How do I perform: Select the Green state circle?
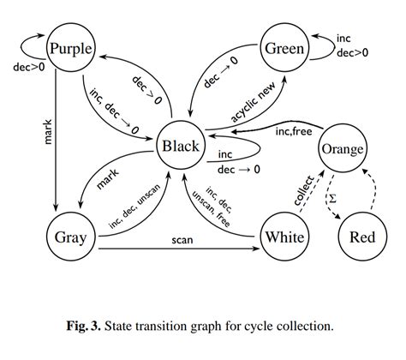click(283, 49)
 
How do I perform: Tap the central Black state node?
click(180, 147)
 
